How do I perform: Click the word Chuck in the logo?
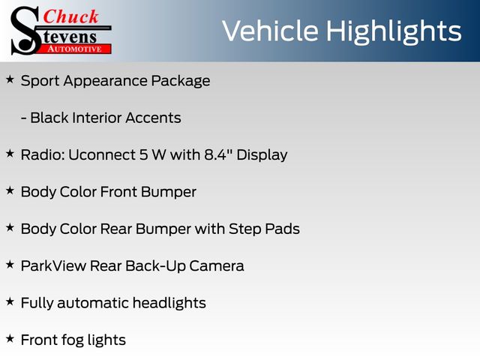point(70,16)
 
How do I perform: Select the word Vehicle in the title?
point(270,31)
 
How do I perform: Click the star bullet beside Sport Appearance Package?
point(10,80)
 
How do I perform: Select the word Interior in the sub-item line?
point(97,118)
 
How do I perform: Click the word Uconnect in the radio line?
point(102,154)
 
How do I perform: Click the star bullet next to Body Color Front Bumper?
point(10,190)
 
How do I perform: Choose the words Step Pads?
point(264,229)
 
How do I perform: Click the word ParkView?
point(53,265)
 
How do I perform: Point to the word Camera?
point(217,265)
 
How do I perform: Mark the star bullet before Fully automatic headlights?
point(10,301)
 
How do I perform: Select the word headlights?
point(169,303)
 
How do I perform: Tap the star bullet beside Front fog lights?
point(10,338)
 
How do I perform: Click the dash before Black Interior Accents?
point(23,118)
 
